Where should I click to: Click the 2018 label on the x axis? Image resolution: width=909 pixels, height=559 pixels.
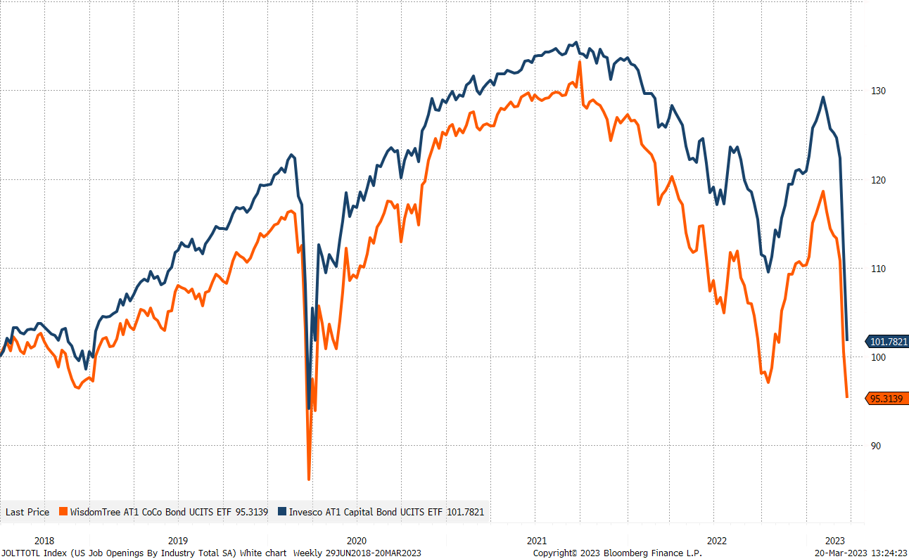pos(44,541)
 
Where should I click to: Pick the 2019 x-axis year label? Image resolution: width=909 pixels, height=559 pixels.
pos(177,541)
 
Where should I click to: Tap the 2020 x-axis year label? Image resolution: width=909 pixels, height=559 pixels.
pos(357,541)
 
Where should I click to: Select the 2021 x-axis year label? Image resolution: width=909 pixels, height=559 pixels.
pos(536,541)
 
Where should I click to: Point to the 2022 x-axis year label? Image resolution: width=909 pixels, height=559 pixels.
pos(716,541)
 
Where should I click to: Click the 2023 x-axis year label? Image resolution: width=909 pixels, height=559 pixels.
pos(835,541)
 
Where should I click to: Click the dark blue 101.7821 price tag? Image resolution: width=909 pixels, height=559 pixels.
pos(887,342)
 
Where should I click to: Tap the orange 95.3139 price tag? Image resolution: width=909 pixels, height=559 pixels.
pos(887,399)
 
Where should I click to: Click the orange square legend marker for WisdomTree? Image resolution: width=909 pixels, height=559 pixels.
pos(63,512)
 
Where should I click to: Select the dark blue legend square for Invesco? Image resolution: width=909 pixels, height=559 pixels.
pos(283,512)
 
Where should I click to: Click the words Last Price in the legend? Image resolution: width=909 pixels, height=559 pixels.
pos(27,512)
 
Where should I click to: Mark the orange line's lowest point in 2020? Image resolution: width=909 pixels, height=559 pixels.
pos(309,479)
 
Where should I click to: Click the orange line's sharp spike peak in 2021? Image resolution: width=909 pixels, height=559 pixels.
pos(580,62)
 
